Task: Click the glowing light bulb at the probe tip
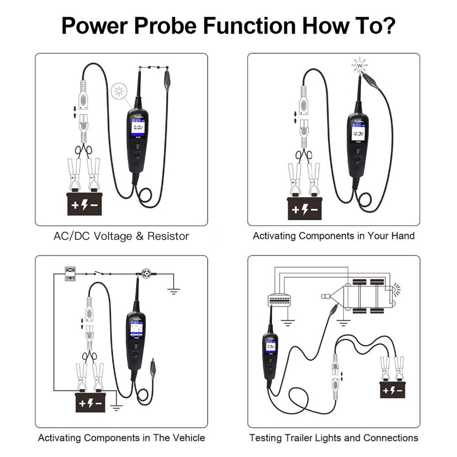pyautogui.click(x=360, y=66)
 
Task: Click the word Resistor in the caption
pyautogui.click(x=168, y=236)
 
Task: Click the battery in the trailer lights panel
pyautogui.click(x=393, y=390)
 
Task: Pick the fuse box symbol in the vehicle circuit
pyautogui.click(x=70, y=274)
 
